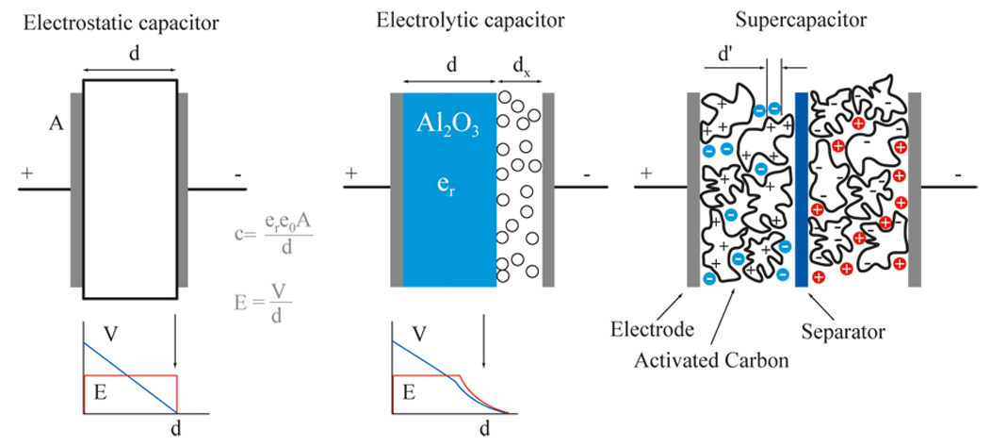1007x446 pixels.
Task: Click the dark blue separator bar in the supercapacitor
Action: tap(801, 189)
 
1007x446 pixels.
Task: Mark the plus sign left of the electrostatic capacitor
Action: tap(26, 173)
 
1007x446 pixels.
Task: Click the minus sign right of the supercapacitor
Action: tap(958, 174)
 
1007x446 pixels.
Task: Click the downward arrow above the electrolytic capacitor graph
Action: tap(484, 345)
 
